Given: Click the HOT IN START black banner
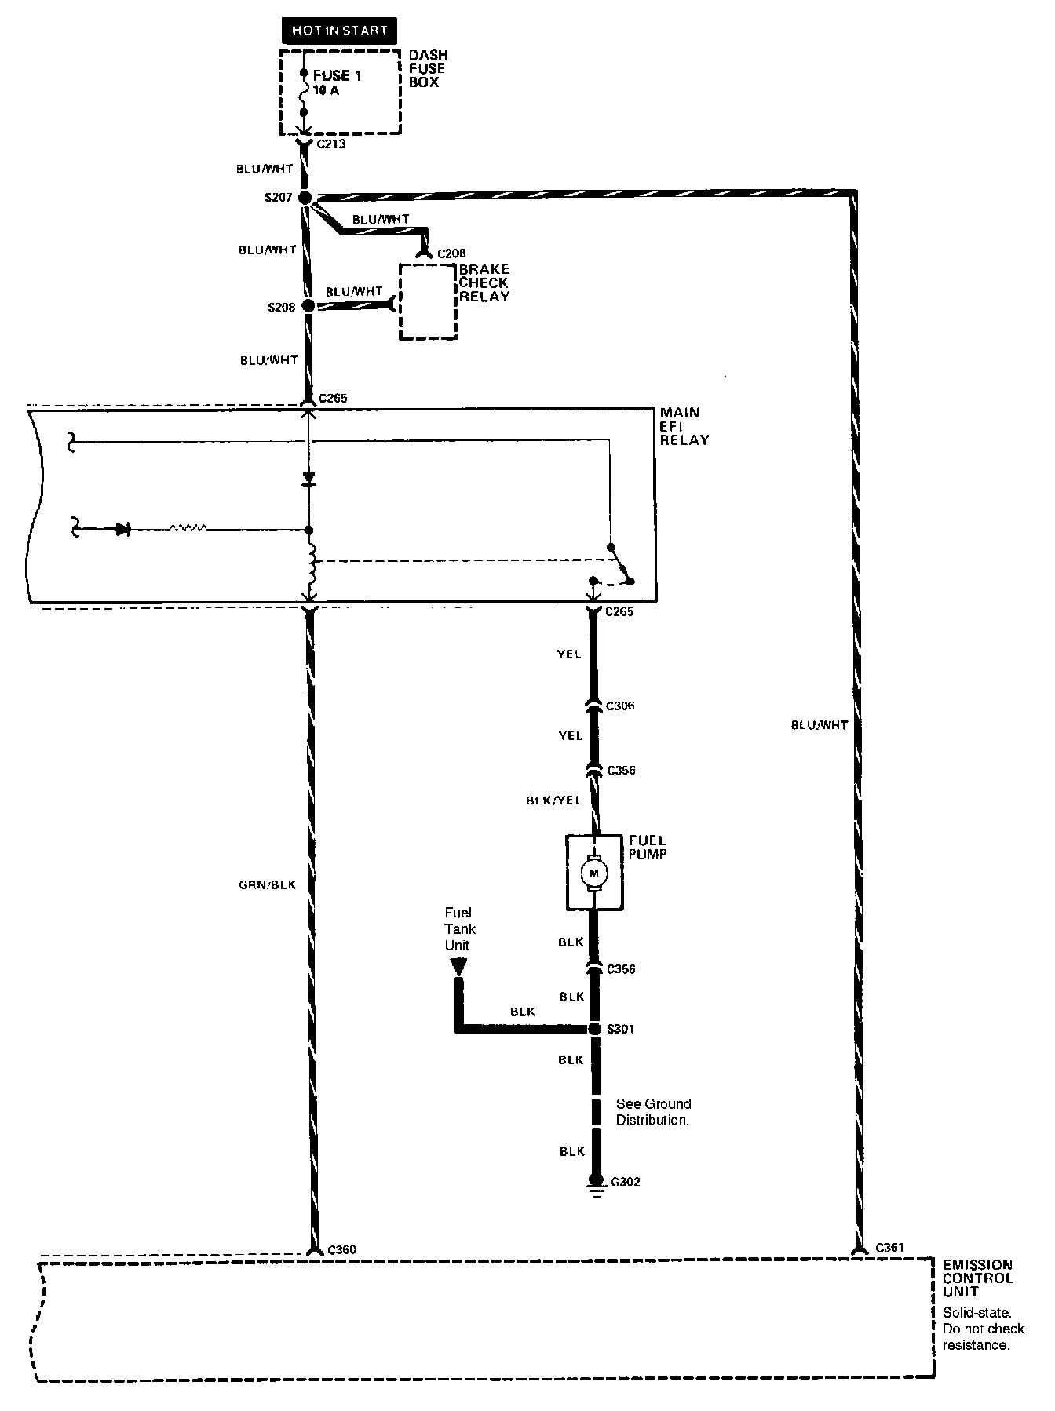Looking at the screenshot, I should point(340,31).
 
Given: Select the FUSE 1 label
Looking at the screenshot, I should point(338,76).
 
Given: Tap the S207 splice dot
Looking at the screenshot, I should point(306,198).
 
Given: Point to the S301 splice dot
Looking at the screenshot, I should point(595,1029).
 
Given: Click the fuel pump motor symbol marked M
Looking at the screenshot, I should point(594,873).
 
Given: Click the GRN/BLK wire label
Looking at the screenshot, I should point(267,884).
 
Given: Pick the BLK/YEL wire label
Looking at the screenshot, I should point(554,800).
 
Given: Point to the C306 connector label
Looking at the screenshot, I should point(620,705).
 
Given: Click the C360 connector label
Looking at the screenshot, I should point(341,1249).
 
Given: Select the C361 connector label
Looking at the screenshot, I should point(890,1247).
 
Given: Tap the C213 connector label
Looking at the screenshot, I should point(330,144).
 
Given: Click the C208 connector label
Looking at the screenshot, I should point(451,253).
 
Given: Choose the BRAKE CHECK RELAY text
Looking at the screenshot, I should point(484,283).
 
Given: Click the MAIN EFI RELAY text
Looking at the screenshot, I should point(684,426).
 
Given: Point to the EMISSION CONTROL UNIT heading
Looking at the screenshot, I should point(977,1278).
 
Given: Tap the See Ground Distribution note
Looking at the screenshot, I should point(652,1112).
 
